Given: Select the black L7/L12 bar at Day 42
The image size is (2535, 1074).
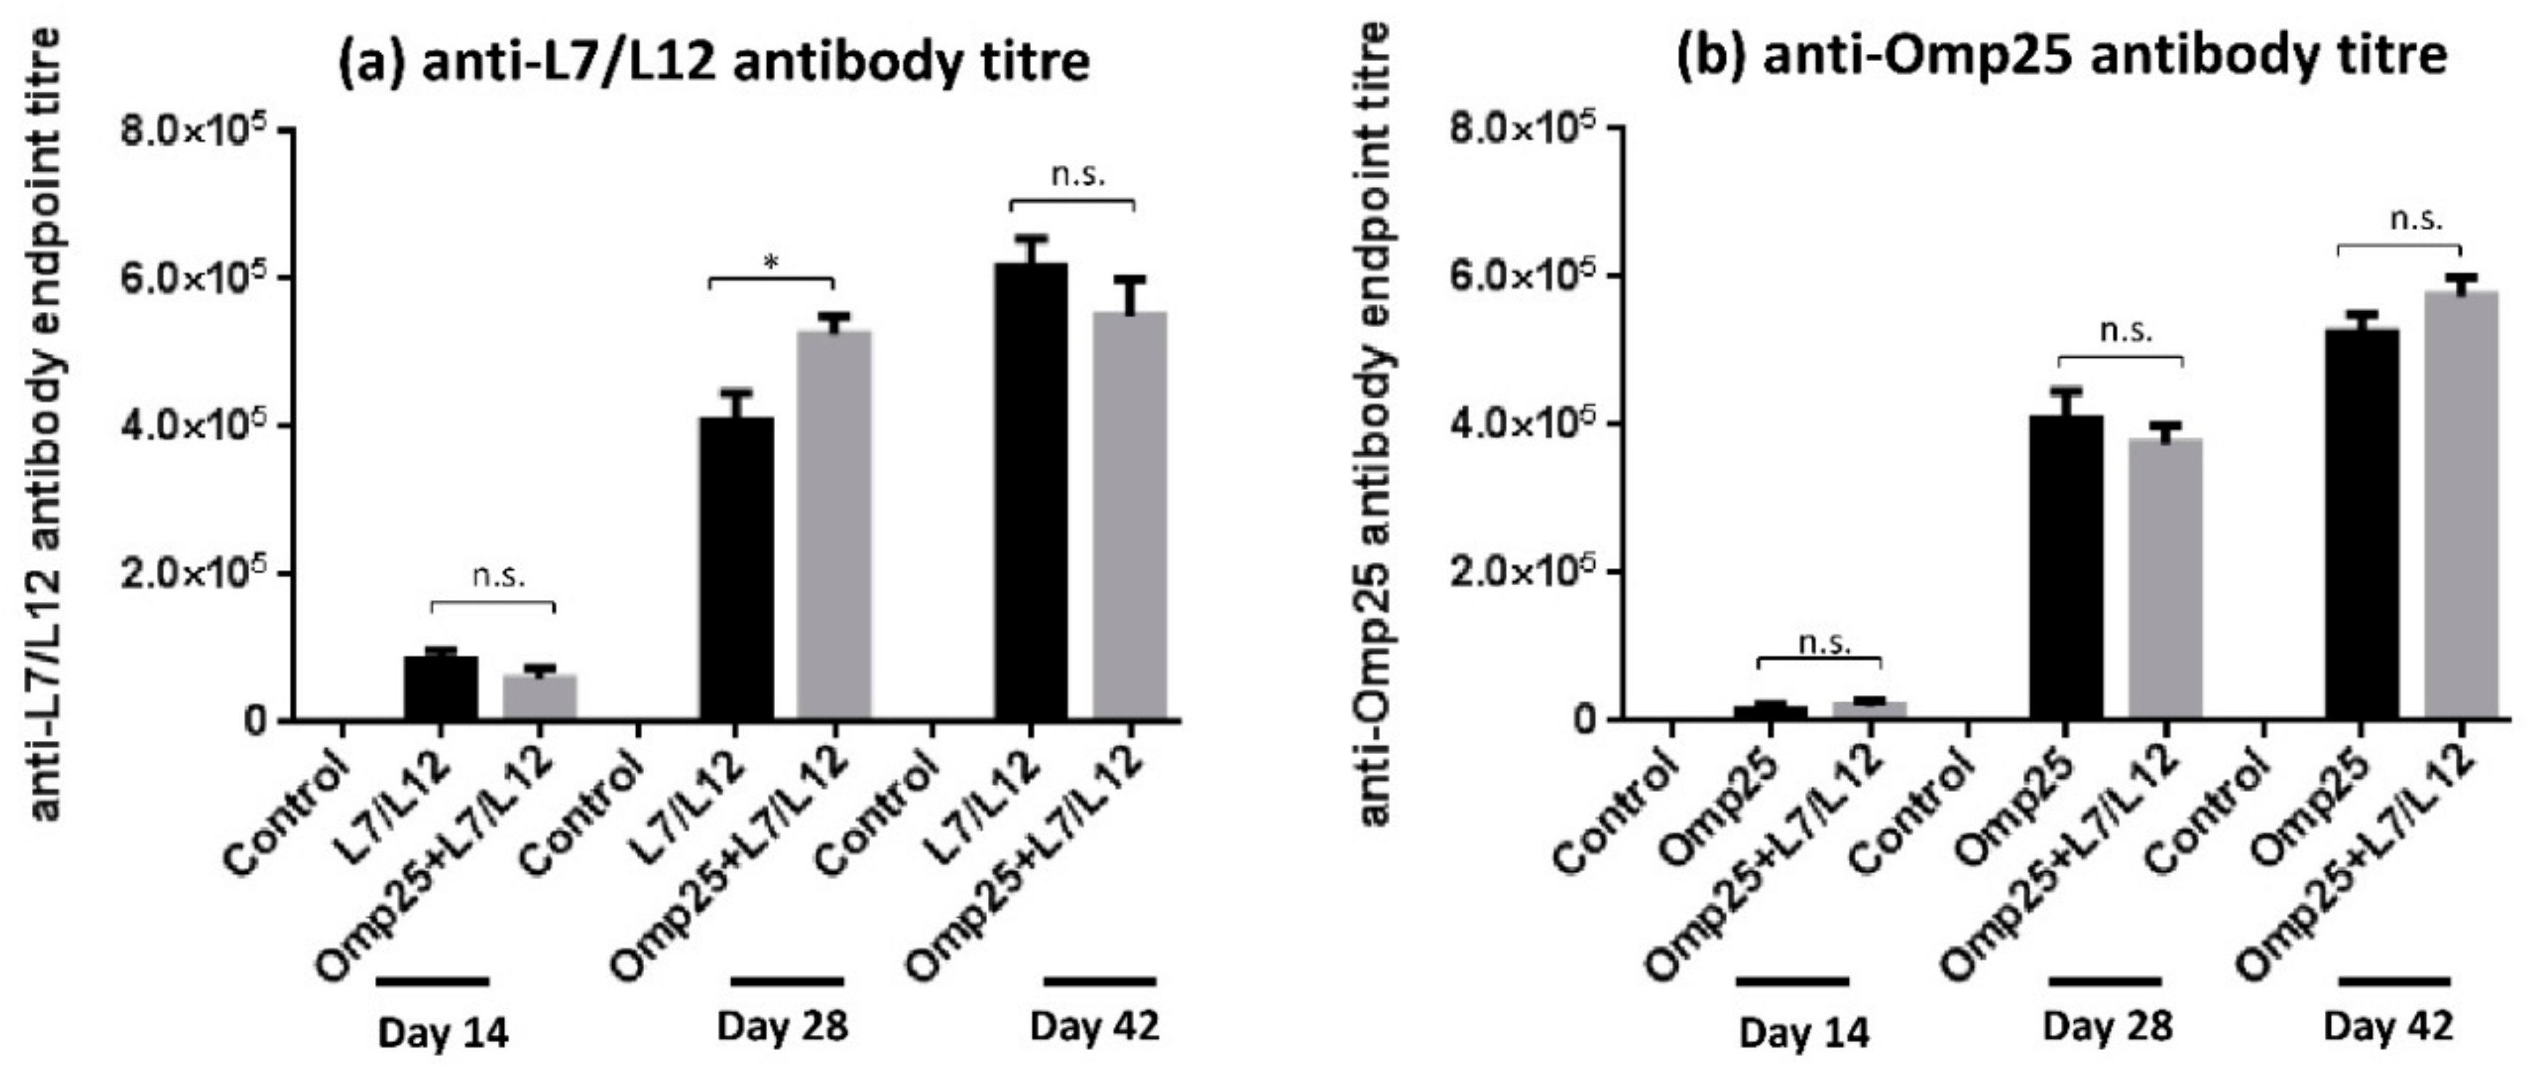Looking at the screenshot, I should pyautogui.click(x=1030, y=492).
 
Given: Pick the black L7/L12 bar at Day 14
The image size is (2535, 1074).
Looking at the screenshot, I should pyautogui.click(x=441, y=689).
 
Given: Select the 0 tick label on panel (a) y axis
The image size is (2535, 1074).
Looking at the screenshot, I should pyautogui.click(x=255, y=721).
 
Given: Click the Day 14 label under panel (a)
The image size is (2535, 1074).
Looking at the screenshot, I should pyautogui.click(x=443, y=1033).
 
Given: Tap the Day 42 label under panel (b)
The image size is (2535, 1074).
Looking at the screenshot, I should pyautogui.click(x=2388, y=1027).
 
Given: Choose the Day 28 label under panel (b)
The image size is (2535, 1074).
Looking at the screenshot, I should pyautogui.click(x=2107, y=1027).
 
